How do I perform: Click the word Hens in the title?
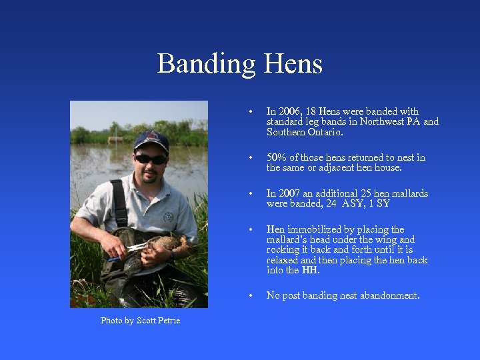click(293, 64)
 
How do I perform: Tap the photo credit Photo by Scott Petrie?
click(140, 321)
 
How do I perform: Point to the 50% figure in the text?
click(276, 157)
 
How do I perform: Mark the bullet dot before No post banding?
click(249, 296)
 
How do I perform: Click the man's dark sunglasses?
click(150, 159)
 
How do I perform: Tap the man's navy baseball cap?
click(150, 141)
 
